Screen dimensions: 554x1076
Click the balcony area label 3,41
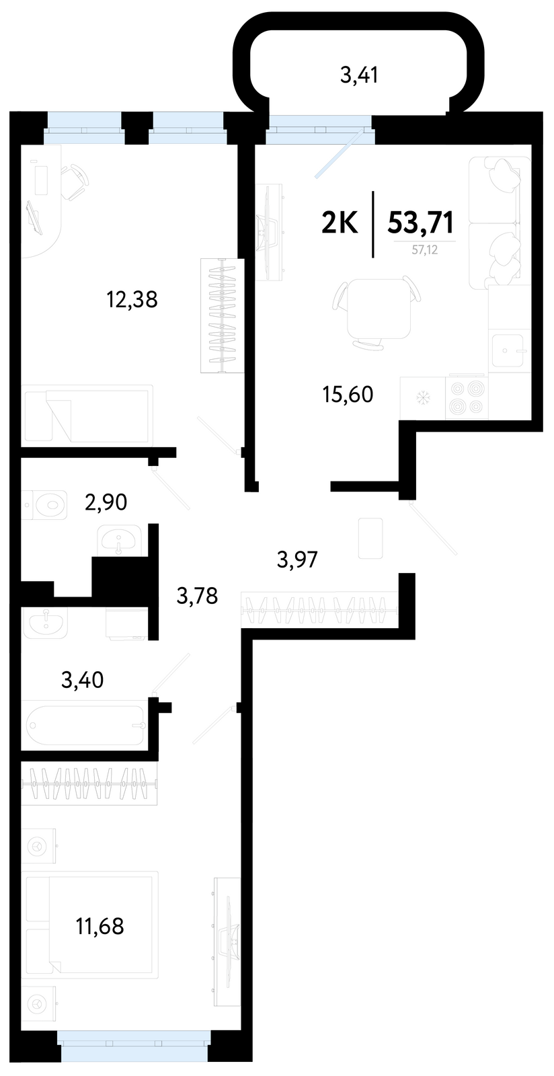pyautogui.click(x=359, y=75)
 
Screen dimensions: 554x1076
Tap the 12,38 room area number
pyautogui.click(x=132, y=300)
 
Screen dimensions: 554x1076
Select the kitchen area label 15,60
pyautogui.click(x=348, y=394)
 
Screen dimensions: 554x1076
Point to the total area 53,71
pyautogui.click(x=420, y=223)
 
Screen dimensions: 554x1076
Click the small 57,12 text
pyautogui.click(x=425, y=249)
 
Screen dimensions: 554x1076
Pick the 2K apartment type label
pyautogui.click(x=340, y=223)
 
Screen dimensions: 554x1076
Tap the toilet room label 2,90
pyautogui.click(x=106, y=502)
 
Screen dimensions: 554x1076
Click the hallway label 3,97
pyautogui.click(x=298, y=560)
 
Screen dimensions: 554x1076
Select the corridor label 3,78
pyautogui.click(x=197, y=596)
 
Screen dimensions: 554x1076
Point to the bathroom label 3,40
pyautogui.click(x=83, y=680)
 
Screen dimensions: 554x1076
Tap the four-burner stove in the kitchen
pyautogui.click(x=466, y=397)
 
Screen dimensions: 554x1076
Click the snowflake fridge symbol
pyautogui.click(x=423, y=397)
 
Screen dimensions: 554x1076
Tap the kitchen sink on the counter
pyautogui.click(x=509, y=350)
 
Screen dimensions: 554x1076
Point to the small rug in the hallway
pyautogui.click(x=370, y=538)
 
